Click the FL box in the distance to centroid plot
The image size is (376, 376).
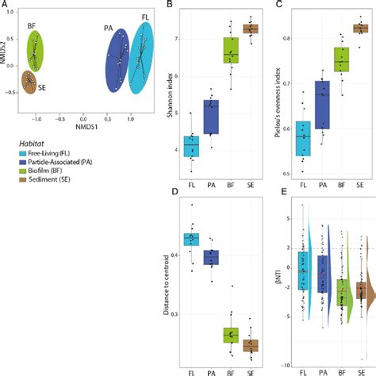[x=191, y=238]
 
